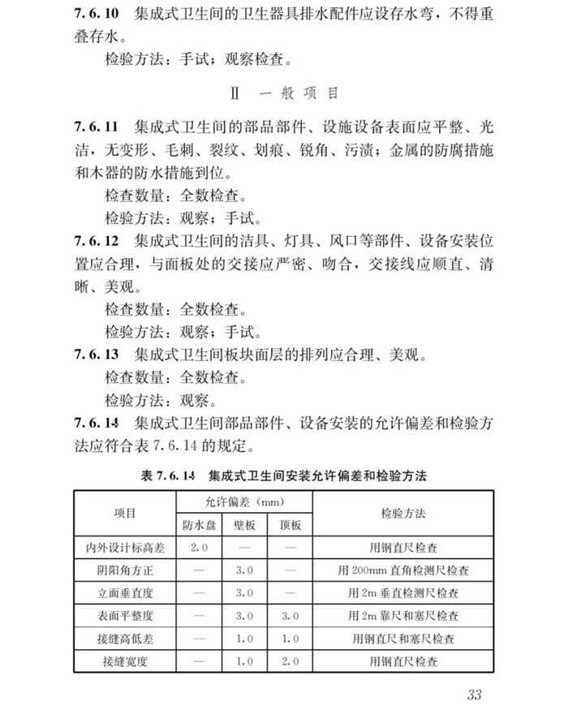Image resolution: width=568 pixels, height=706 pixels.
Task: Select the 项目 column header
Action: tap(123, 514)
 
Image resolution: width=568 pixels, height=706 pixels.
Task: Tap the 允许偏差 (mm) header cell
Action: tap(242, 503)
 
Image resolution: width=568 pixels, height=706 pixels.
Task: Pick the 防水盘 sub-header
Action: tap(199, 525)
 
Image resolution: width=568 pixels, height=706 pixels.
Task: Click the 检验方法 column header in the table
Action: tap(403, 514)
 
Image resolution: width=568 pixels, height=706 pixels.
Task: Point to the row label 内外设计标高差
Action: tap(123, 548)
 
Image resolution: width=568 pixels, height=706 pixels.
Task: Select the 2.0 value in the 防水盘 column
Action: tap(199, 548)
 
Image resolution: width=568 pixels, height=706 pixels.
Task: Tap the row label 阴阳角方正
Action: tap(123, 570)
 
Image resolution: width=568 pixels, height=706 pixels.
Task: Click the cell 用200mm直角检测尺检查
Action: tap(403, 570)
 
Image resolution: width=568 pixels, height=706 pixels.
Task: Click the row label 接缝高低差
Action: tap(123, 639)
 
